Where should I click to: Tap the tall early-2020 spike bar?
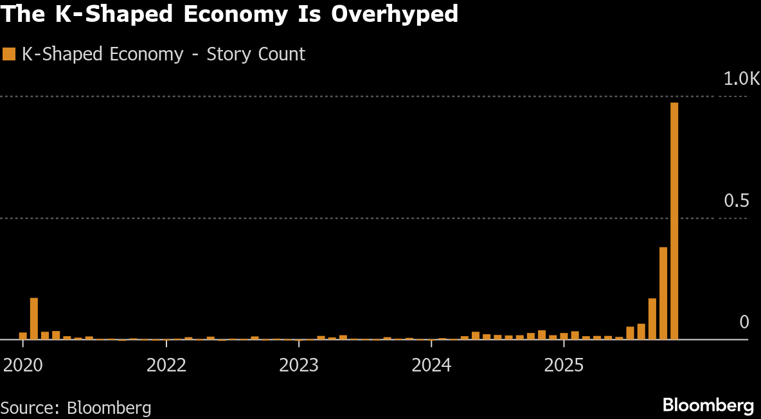click(34, 318)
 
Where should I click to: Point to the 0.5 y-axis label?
click(737, 201)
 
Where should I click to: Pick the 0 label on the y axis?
click(744, 322)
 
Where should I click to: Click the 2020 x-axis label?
click(23, 365)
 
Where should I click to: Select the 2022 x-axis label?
click(166, 365)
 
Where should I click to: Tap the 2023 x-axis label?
click(299, 365)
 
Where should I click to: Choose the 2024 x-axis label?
click(431, 365)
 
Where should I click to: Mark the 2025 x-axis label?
click(564, 365)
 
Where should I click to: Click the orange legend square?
click(9, 54)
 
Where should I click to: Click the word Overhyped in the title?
click(395, 14)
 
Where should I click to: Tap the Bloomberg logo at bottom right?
click(708, 406)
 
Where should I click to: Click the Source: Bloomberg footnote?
click(76, 407)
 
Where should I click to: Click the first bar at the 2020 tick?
click(23, 335)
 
